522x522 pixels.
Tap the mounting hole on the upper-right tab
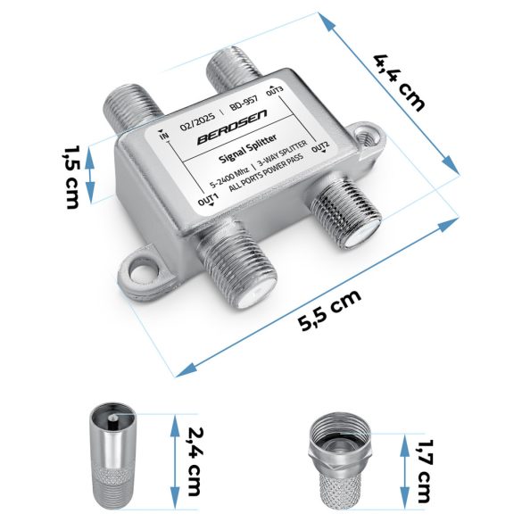tap(366, 140)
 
